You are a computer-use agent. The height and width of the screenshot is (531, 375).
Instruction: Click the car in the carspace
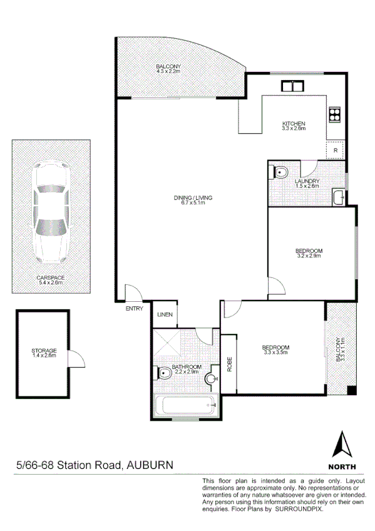[51, 213]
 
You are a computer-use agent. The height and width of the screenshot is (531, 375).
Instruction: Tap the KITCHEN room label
[293, 123]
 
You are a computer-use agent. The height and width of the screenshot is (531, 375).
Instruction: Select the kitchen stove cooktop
[334, 115]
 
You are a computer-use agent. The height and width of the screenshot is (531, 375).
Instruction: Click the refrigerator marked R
[335, 150]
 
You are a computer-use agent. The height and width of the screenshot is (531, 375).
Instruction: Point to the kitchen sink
[292, 86]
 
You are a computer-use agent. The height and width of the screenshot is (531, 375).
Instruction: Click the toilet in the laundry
[280, 172]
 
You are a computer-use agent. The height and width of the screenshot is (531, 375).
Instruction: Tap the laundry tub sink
[339, 198]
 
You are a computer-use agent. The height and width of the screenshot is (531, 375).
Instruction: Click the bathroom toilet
[163, 374]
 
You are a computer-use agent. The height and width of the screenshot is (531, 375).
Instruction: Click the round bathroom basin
[212, 378]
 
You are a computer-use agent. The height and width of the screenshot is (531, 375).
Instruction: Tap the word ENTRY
[135, 308]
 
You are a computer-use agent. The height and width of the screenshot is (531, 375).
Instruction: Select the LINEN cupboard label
[165, 314]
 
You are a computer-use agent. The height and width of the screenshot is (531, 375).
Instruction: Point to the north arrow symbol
[342, 445]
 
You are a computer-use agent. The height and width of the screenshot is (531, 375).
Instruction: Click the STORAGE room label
[44, 351]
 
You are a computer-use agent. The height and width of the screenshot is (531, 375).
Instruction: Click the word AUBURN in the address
[150, 465]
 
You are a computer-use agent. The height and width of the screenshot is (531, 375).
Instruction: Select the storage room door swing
[76, 359]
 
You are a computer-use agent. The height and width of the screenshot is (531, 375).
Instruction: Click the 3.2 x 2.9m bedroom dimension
[309, 256]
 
